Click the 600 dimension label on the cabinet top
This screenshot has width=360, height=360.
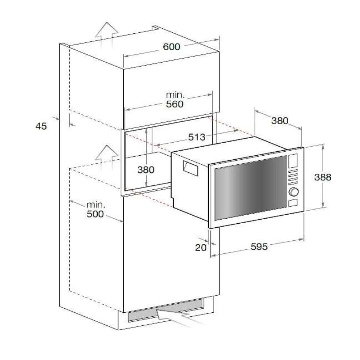(171, 47)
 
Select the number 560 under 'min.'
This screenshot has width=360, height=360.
(175, 104)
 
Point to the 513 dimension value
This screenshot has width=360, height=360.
(197, 137)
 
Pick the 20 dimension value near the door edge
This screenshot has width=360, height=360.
(201, 247)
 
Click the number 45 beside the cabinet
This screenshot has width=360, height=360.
(41, 126)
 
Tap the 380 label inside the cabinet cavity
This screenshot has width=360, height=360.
(145, 170)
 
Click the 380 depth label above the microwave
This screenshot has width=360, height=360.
(279, 121)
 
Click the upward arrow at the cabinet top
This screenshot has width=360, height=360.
(107, 33)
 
